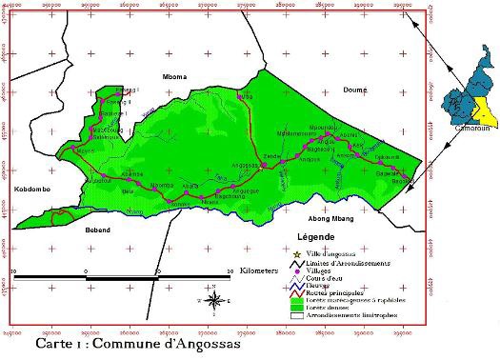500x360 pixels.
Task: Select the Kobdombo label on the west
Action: pos(32,190)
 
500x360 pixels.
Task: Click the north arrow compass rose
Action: pos(216,302)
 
